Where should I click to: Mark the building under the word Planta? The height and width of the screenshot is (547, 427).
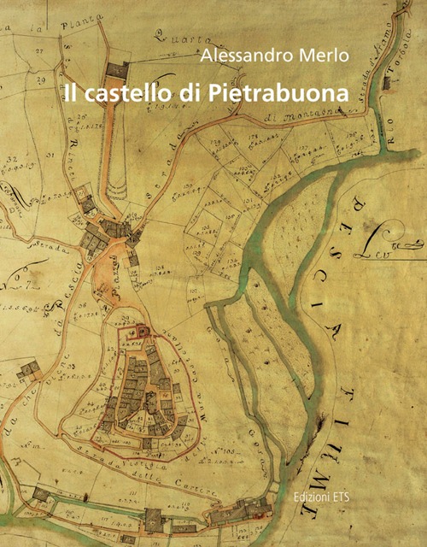point(119,72)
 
